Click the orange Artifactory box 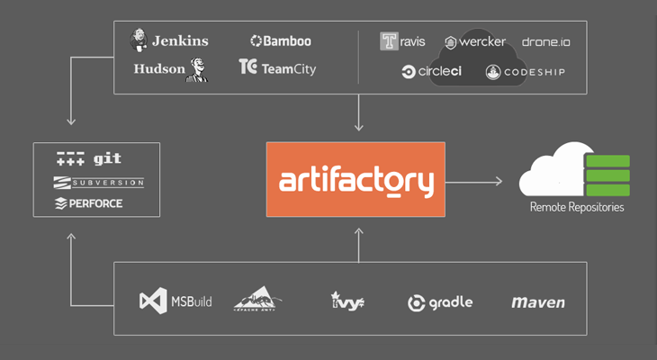tap(355, 179)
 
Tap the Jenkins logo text tap(179, 40)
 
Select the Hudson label tap(159, 68)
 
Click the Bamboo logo tap(281, 40)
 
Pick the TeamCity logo tap(277, 67)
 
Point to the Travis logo tap(402, 41)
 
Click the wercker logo tap(474, 41)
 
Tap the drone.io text tap(545, 41)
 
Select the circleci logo tap(432, 71)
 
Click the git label tap(107, 159)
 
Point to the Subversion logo tap(99, 183)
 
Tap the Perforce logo tap(89, 203)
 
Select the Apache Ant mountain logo tap(258, 299)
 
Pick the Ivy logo tap(346, 301)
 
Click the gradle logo tap(440, 302)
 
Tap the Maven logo tap(537, 302)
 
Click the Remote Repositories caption tap(576, 207)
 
